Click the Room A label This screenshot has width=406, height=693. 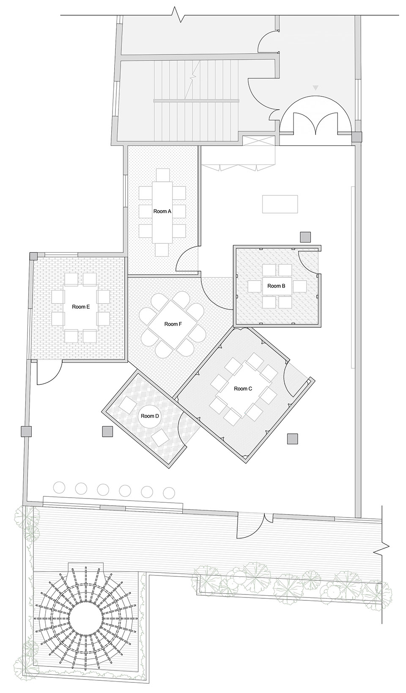point(162,211)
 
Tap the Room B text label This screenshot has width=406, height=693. point(276,286)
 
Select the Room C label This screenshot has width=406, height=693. point(243,389)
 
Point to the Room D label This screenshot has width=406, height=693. point(150,416)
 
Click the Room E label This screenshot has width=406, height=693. point(81,307)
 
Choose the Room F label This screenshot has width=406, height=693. point(173,324)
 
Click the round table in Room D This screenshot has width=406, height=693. point(150,416)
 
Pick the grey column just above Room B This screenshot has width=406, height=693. point(305,237)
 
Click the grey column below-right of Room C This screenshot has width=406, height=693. point(292,439)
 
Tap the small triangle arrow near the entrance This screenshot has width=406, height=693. point(315,88)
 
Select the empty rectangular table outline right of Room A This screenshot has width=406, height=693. point(280,204)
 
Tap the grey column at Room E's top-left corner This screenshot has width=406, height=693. point(33,257)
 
